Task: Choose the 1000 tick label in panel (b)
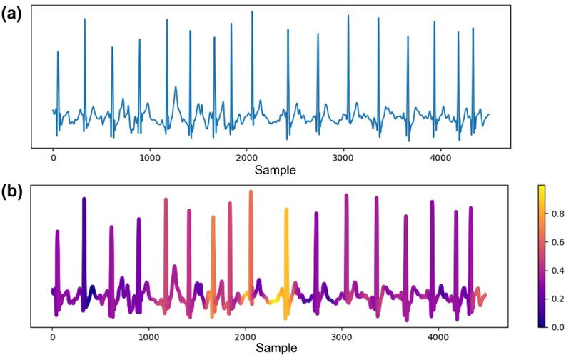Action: click(149, 337)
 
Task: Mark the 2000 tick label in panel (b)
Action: click(246, 337)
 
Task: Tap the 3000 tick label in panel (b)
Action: click(343, 337)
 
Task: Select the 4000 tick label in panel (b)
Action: click(440, 337)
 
